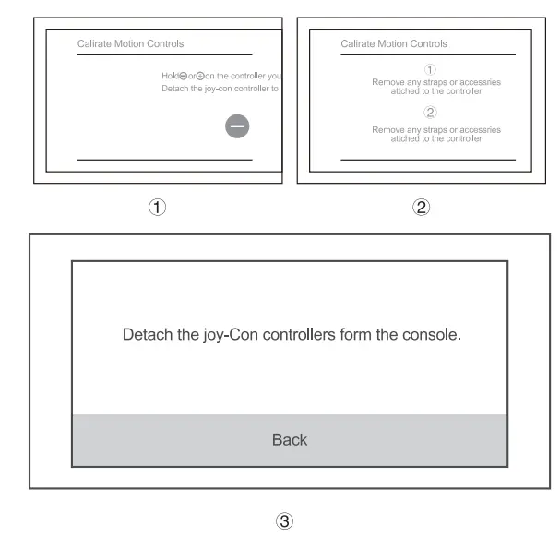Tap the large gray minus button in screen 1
point(238,127)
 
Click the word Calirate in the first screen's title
point(95,43)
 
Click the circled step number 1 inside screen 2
point(429,69)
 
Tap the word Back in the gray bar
point(289,440)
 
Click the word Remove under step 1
point(387,82)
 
